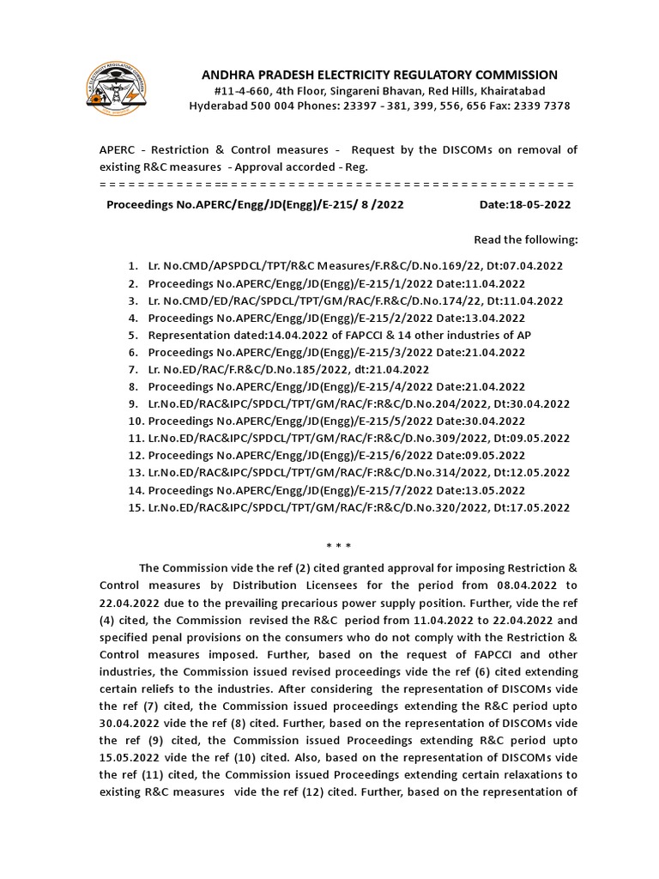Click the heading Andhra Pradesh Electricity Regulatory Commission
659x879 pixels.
click(x=378, y=75)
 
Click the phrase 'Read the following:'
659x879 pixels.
click(x=526, y=239)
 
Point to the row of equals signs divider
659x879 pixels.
click(x=336, y=185)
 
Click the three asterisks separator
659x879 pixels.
click(x=338, y=546)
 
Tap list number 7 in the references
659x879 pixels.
click(x=132, y=369)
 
